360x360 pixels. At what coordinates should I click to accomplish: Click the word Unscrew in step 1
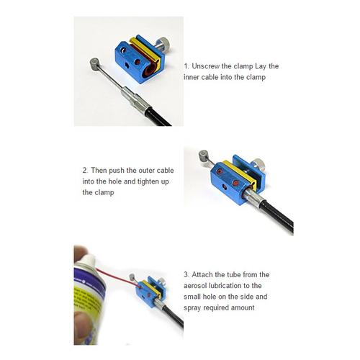pos(206,66)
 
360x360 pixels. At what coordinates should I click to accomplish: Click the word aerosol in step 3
pos(195,286)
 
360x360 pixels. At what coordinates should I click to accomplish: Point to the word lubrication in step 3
pos(225,286)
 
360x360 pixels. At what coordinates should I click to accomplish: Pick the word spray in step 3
pos(192,308)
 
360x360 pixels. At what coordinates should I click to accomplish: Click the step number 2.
pos(85,171)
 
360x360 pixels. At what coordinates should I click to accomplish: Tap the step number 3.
pos(186,274)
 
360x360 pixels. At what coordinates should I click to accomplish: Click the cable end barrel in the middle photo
pos(204,156)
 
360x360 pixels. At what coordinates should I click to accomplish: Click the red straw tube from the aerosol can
pos(117,278)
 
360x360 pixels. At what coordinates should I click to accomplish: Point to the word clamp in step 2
pos(98,192)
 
